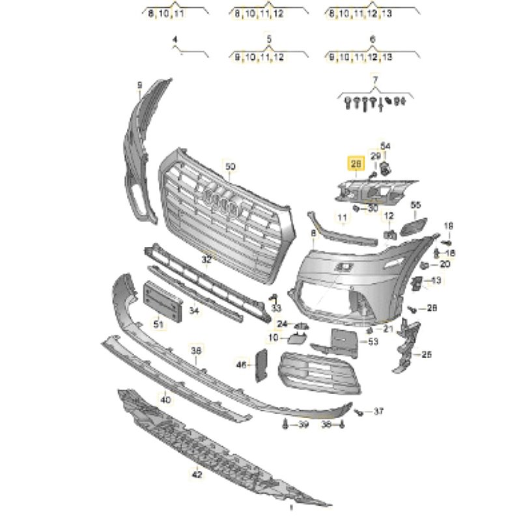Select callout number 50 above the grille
(230, 167)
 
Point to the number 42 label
(197, 475)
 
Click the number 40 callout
(165, 399)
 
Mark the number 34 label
(194, 311)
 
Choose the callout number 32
(206, 259)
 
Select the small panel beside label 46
(260, 364)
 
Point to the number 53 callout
(373, 341)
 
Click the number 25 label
(427, 355)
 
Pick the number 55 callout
(416, 205)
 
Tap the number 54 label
(385, 145)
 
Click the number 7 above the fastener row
(374, 79)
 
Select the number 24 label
(281, 324)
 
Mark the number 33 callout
(277, 307)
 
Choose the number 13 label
(436, 280)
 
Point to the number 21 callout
(388, 329)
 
